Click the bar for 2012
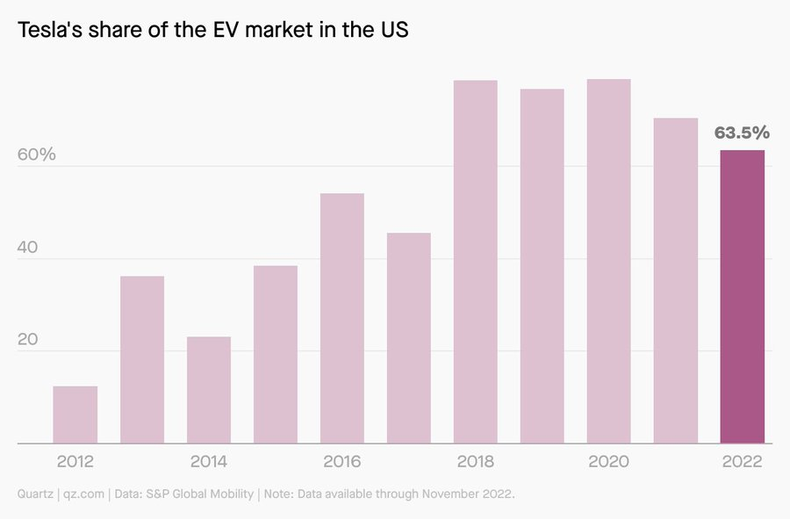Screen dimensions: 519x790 (x=75, y=414)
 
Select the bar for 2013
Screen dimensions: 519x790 (x=142, y=360)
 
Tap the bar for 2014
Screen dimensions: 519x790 (x=209, y=390)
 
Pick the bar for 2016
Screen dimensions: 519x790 (x=342, y=318)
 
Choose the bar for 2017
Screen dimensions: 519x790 (x=409, y=338)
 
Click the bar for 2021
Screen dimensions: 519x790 (x=676, y=281)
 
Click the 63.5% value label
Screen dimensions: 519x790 (x=742, y=133)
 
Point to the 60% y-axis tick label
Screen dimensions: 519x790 (x=37, y=155)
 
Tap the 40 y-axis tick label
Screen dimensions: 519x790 (x=29, y=248)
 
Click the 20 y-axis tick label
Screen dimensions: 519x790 (x=29, y=340)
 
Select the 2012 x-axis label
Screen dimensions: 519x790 (x=75, y=462)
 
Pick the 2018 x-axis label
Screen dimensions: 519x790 (x=476, y=462)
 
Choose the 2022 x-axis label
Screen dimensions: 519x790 (x=743, y=462)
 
